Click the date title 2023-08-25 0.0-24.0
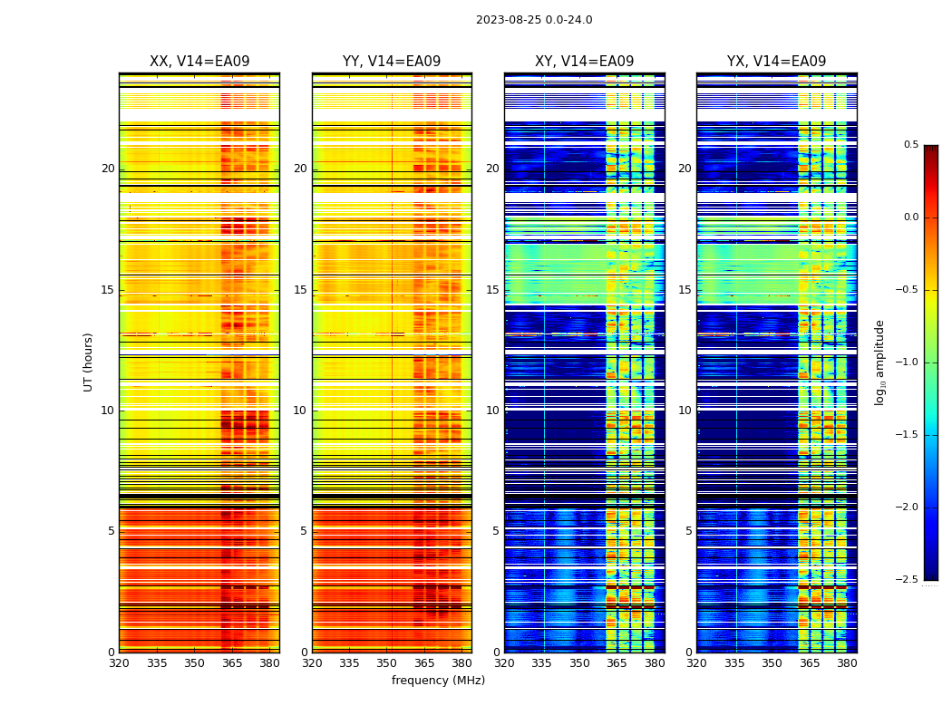[x=534, y=20]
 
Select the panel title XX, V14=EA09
[x=199, y=62]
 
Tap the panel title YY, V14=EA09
[x=392, y=62]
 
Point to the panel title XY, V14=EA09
[x=584, y=62]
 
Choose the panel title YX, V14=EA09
[x=776, y=62]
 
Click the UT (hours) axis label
[x=88, y=362]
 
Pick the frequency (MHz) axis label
[x=438, y=681]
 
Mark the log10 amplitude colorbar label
[x=879, y=362]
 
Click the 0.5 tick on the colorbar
[x=910, y=145]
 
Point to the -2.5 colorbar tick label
[x=908, y=580]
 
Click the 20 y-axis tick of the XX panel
[x=108, y=169]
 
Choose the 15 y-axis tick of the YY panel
[x=300, y=290]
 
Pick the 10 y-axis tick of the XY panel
[x=492, y=411]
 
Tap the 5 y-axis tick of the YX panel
[x=688, y=531]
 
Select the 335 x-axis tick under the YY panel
[x=350, y=663]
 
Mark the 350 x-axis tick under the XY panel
[x=579, y=663]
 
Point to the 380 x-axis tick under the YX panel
[x=847, y=663]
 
